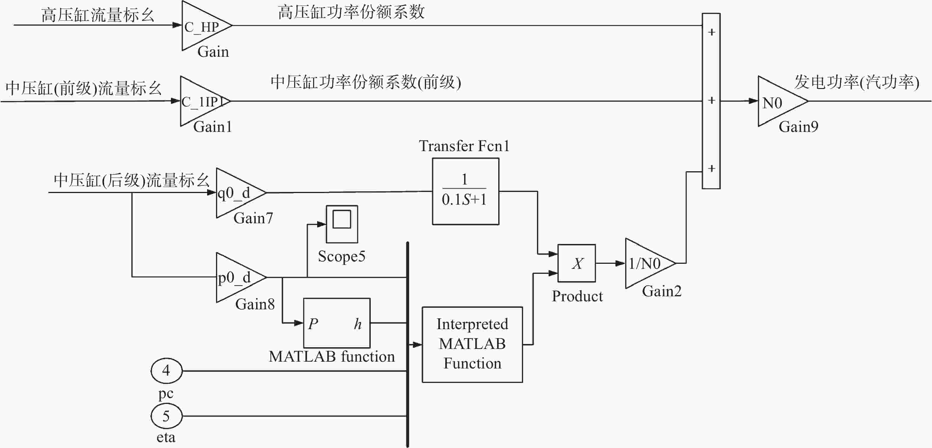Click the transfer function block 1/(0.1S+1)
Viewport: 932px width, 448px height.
point(466,191)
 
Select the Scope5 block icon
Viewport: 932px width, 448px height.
point(342,224)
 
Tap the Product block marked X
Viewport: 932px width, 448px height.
point(577,263)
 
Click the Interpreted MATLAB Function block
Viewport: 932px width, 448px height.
point(472,345)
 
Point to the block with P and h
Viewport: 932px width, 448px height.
point(336,323)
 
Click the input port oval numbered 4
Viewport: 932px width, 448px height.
point(166,371)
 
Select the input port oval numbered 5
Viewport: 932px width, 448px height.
point(166,416)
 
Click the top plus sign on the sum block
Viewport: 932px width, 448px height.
point(711,33)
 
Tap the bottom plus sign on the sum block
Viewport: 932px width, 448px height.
point(711,169)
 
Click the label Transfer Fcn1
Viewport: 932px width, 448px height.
point(464,146)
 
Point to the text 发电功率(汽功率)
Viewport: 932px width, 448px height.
point(856,82)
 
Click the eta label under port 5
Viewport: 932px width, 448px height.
point(166,438)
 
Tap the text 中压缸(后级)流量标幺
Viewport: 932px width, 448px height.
point(132,180)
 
